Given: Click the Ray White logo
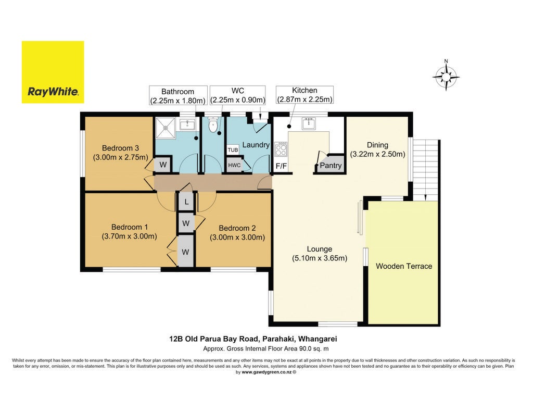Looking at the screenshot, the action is tap(53, 72).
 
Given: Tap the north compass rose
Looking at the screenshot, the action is tap(446, 77).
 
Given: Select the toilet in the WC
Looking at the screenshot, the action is tap(213, 125).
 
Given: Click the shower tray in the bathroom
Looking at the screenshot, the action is tap(166, 128).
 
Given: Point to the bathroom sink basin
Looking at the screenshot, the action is tap(187, 124).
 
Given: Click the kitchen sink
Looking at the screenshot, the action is tap(309, 123).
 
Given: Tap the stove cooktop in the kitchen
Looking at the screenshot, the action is tap(281, 149).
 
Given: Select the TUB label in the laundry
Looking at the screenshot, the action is tap(233, 150).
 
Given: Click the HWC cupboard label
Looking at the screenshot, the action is tap(234, 165).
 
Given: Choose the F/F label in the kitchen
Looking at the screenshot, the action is tap(281, 166).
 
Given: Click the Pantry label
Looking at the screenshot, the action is tap(331, 166).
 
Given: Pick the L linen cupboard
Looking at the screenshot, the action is tap(186, 202).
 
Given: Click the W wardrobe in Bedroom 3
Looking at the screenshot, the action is tap(163, 165).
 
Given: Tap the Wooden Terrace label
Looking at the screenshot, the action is tap(404, 266).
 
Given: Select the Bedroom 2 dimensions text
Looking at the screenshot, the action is tap(237, 238).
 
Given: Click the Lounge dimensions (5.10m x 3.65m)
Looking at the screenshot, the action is tap(320, 258).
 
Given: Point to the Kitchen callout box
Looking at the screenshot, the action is tap(304, 95).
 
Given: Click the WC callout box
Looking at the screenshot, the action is tap(237, 95).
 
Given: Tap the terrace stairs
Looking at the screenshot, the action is tap(425, 170).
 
